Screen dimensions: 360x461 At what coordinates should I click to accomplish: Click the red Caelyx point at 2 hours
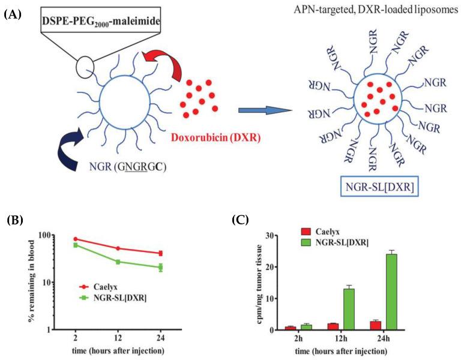point(75,239)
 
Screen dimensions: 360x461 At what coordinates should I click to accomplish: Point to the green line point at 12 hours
point(118,262)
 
